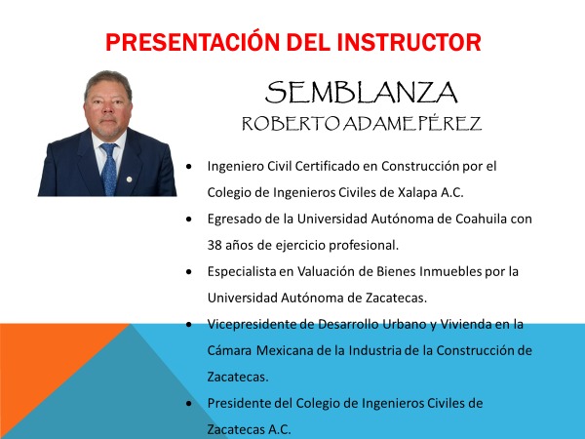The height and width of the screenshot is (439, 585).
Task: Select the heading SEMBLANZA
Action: click(362, 93)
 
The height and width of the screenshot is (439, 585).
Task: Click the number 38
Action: click(215, 244)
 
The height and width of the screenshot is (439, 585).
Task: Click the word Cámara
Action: click(230, 349)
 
